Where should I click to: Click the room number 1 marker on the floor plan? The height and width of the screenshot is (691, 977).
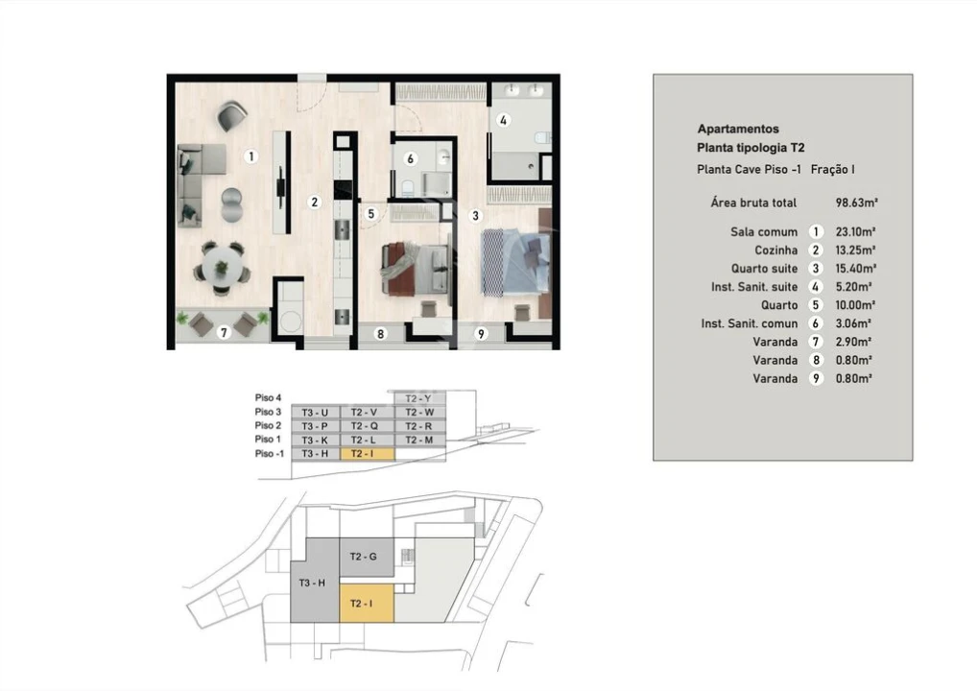tap(250, 155)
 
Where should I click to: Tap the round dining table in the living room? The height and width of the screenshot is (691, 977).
tap(222, 266)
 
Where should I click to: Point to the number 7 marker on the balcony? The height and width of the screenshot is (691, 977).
tap(224, 333)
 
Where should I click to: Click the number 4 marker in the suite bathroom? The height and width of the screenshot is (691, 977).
tap(503, 120)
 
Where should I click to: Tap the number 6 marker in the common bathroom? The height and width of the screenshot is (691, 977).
tap(410, 159)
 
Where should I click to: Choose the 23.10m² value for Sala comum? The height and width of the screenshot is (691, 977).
tap(853, 231)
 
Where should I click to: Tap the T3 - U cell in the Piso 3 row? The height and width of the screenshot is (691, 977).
tap(314, 412)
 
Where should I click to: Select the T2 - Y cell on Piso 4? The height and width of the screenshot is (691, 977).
tap(417, 397)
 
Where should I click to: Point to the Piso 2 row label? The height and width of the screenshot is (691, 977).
tap(268, 425)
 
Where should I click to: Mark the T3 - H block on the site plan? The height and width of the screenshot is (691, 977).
tap(313, 583)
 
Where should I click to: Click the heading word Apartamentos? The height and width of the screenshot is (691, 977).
tap(737, 129)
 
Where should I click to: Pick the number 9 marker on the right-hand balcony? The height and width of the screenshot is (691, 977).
tap(481, 334)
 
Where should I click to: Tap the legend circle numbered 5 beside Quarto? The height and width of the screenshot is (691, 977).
tap(816, 305)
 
